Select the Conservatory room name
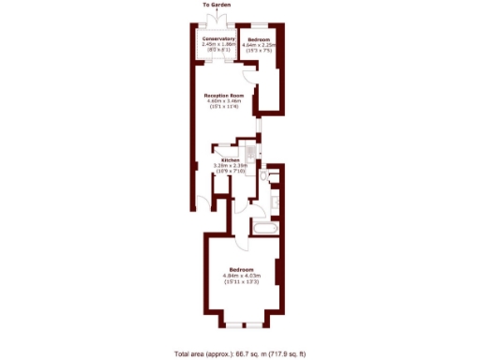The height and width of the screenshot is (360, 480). click(x=218, y=38)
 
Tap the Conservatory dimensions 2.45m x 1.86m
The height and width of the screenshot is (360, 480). click(x=218, y=44)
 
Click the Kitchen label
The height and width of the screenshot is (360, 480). click(x=229, y=160)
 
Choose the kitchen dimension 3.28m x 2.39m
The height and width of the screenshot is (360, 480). click(x=229, y=166)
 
